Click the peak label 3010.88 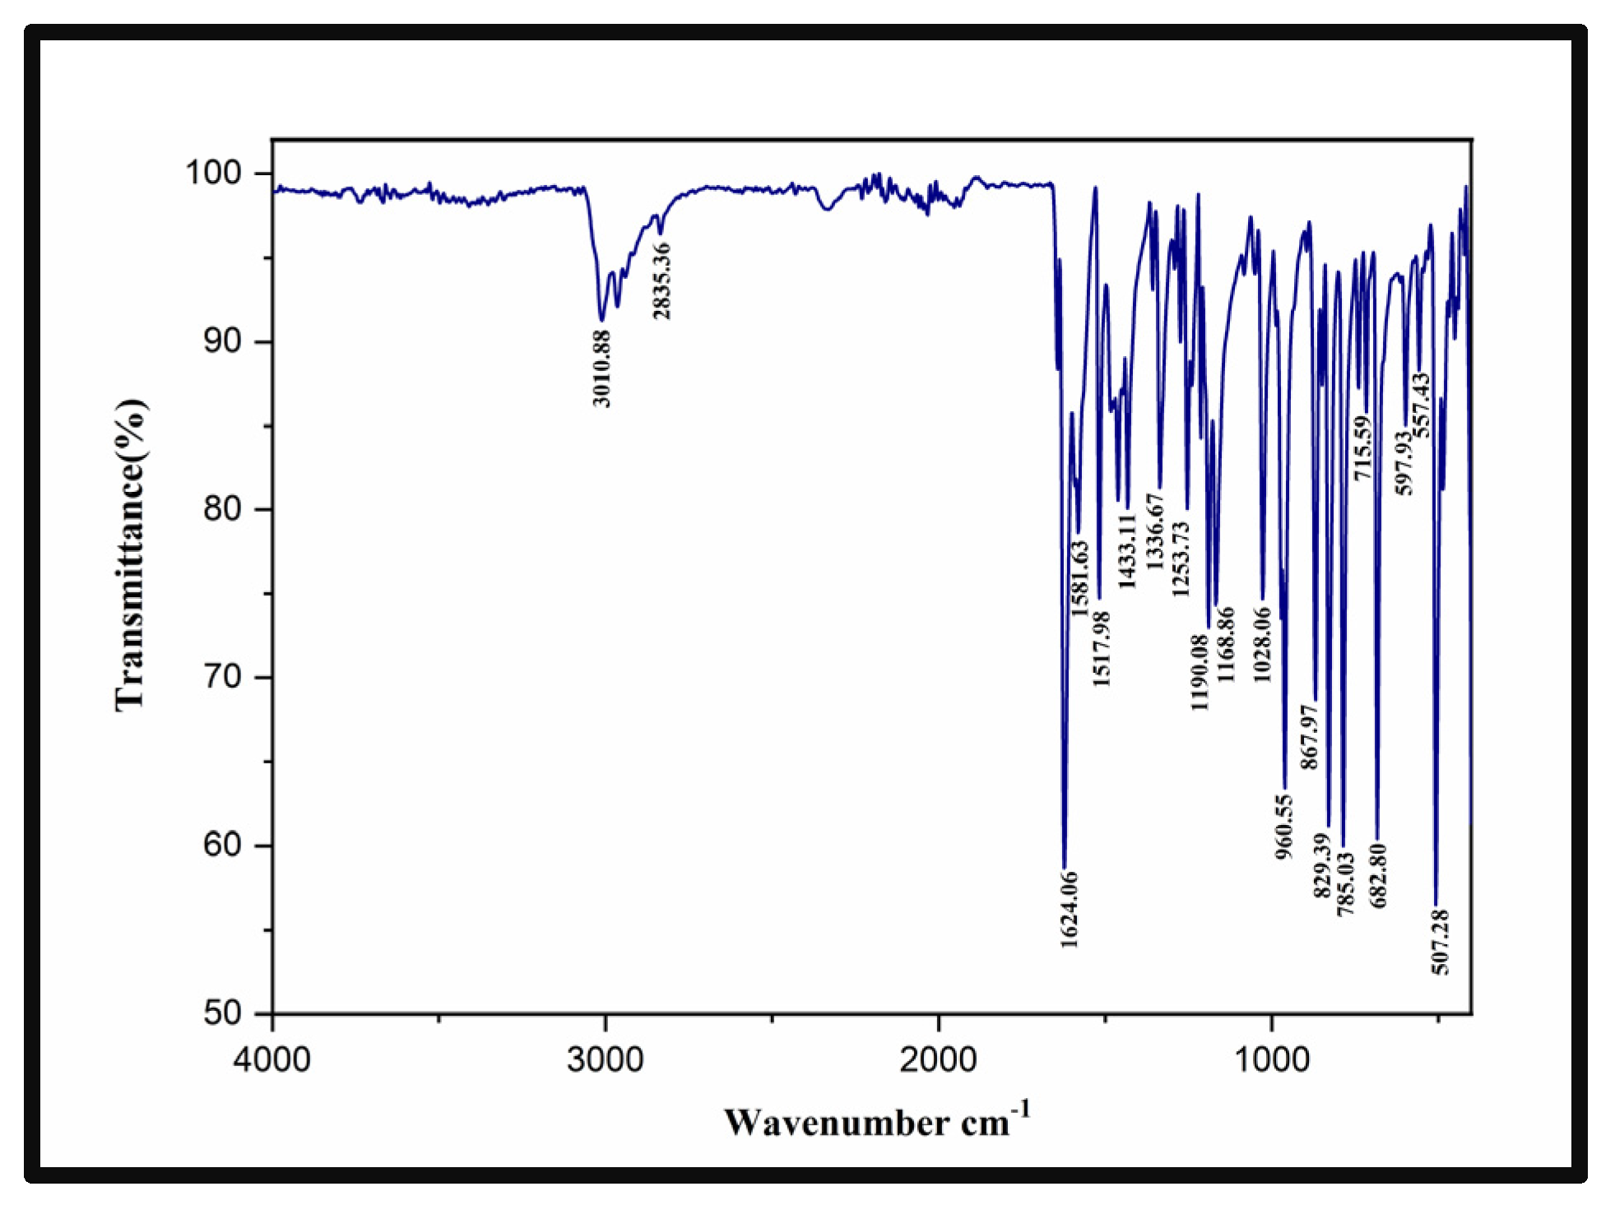pos(601,368)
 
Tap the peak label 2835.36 pos(661,281)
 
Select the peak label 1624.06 pos(1069,910)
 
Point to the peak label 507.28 pos(1440,943)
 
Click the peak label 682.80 pos(1378,875)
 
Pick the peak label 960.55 pos(1284,827)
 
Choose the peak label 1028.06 pos(1262,645)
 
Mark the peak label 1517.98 pos(1101,648)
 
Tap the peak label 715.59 pos(1363,448)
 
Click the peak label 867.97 pos(1309,737)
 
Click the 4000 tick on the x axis pos(271,1059)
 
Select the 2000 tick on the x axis pos(938,1059)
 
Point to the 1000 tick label pos(1272,1059)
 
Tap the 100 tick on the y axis pos(213,173)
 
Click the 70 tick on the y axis pos(222,677)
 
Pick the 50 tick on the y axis pos(222,1013)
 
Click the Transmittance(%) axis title pos(130,555)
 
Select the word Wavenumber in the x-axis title pos(836,1123)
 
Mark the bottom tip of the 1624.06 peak pos(1064,867)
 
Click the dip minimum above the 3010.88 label pos(602,319)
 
